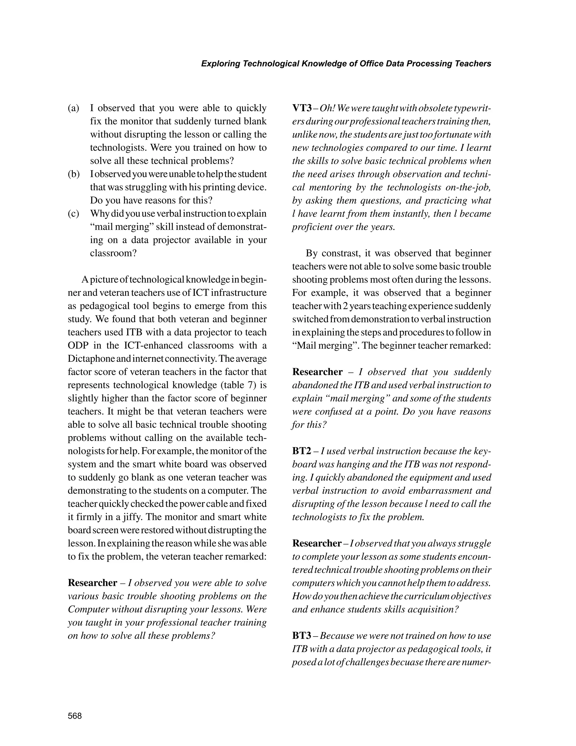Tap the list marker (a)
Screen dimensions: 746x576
(x=73, y=108)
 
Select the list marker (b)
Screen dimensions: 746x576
(x=73, y=174)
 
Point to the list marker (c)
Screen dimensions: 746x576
(x=73, y=214)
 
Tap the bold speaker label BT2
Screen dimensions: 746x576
(x=302, y=451)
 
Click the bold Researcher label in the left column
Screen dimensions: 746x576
(x=93, y=583)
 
